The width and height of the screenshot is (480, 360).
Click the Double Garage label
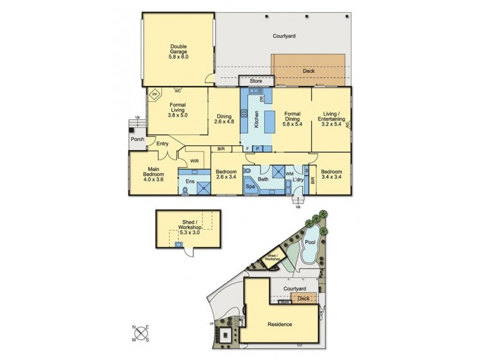click(178, 52)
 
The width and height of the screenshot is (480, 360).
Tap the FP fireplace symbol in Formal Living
click(154, 95)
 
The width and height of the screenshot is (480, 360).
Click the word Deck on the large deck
click(308, 71)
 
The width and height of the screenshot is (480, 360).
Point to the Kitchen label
click(257, 120)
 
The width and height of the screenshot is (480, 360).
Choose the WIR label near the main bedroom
click(194, 161)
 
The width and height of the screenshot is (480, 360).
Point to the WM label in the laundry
click(289, 174)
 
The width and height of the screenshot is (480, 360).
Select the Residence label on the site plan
click(280, 324)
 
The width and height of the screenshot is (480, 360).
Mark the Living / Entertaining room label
click(329, 121)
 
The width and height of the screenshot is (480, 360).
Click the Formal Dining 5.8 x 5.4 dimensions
click(292, 124)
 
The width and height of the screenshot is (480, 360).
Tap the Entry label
click(162, 143)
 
